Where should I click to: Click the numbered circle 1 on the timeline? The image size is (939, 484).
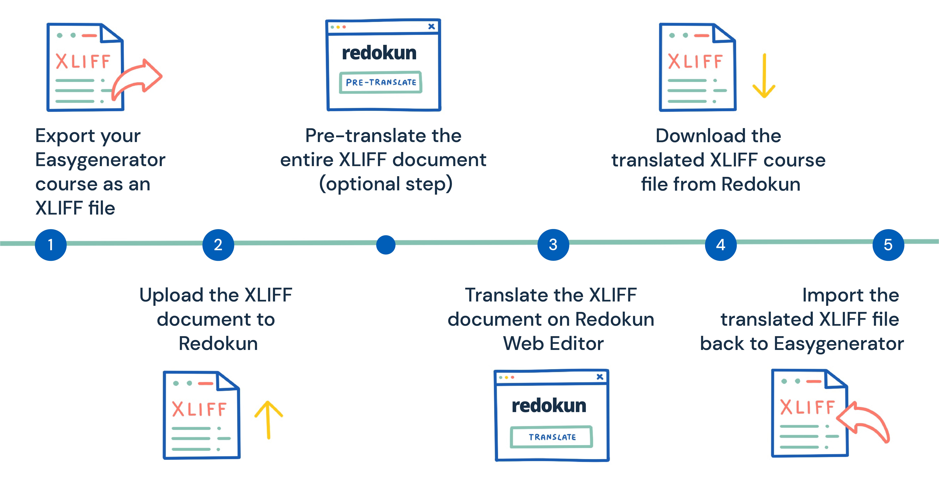(51, 245)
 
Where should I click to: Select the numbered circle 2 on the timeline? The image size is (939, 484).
(218, 245)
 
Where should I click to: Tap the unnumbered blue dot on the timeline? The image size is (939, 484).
(386, 245)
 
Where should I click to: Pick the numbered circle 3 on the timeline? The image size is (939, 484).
(553, 245)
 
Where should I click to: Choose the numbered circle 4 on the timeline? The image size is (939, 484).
(721, 245)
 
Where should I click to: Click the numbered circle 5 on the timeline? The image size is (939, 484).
(888, 245)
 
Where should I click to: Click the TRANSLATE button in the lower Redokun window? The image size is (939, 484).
(551, 437)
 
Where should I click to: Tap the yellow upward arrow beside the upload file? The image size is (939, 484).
(268, 419)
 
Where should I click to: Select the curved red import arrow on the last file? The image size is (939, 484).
(864, 423)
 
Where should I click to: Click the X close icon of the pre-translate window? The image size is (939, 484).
(431, 26)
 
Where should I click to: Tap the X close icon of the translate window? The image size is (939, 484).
(600, 376)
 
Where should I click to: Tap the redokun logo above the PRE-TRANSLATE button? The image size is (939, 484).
(379, 53)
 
